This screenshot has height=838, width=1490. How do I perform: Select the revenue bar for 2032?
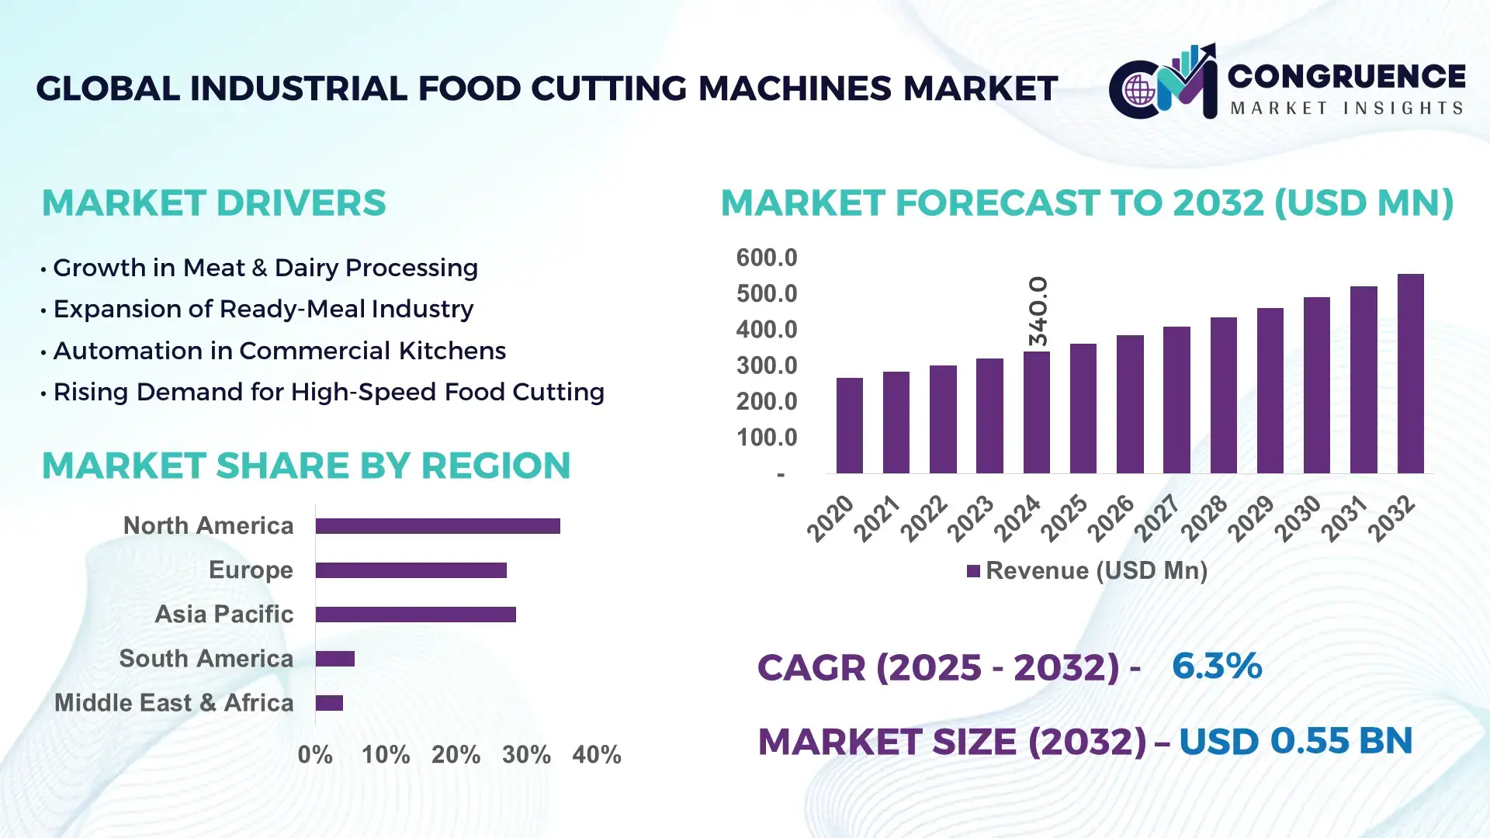click(1410, 374)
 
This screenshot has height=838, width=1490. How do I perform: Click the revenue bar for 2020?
click(849, 426)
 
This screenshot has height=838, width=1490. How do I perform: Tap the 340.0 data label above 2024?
click(1038, 311)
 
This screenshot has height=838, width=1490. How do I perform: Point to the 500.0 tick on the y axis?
click(766, 294)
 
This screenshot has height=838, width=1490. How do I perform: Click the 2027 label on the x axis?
click(1157, 518)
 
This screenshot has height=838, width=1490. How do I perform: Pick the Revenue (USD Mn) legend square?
click(973, 572)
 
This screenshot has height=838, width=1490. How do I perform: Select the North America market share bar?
click(438, 526)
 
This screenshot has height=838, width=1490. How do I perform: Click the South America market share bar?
click(335, 659)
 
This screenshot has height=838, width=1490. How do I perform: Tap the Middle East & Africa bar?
click(329, 703)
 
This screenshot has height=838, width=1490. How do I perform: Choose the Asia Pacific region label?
click(223, 615)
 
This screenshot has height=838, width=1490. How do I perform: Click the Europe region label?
click(251, 570)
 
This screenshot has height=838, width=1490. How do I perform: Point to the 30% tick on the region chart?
click(526, 755)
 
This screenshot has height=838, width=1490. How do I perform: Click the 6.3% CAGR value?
click(1216, 666)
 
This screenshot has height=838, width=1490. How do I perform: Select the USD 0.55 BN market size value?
click(1295, 741)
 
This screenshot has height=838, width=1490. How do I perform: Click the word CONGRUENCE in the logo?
click(1346, 77)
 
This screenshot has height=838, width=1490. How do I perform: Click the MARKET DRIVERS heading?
click(213, 203)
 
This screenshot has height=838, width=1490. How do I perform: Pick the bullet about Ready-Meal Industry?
click(263, 309)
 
